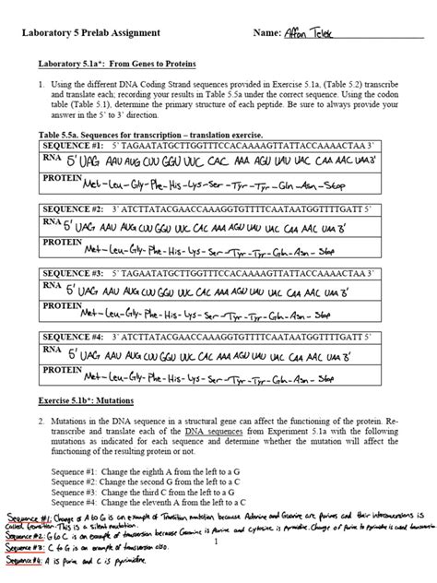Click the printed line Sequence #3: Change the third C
(x=152, y=494)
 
